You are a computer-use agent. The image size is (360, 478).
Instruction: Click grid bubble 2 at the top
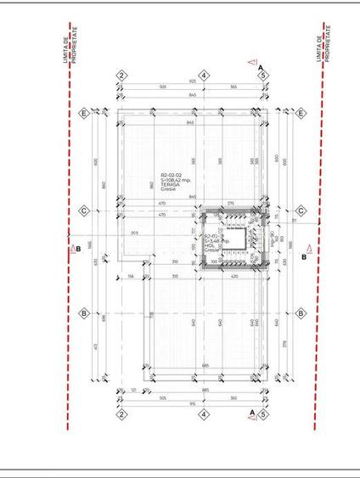click(121, 76)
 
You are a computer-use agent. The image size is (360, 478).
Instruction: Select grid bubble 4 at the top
click(204, 76)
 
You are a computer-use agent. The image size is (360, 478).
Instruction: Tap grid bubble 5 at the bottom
click(264, 414)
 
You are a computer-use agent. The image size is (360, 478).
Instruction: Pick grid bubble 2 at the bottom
click(121, 414)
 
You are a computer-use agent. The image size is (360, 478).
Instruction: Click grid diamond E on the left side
click(84, 112)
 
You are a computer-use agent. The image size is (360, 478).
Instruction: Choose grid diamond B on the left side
click(84, 312)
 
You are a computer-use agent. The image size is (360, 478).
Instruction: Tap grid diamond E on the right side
click(301, 112)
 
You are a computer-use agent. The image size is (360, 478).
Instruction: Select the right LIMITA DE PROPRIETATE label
click(326, 42)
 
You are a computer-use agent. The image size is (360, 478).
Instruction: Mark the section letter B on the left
click(77, 249)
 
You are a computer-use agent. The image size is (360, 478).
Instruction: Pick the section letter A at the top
click(261, 66)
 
